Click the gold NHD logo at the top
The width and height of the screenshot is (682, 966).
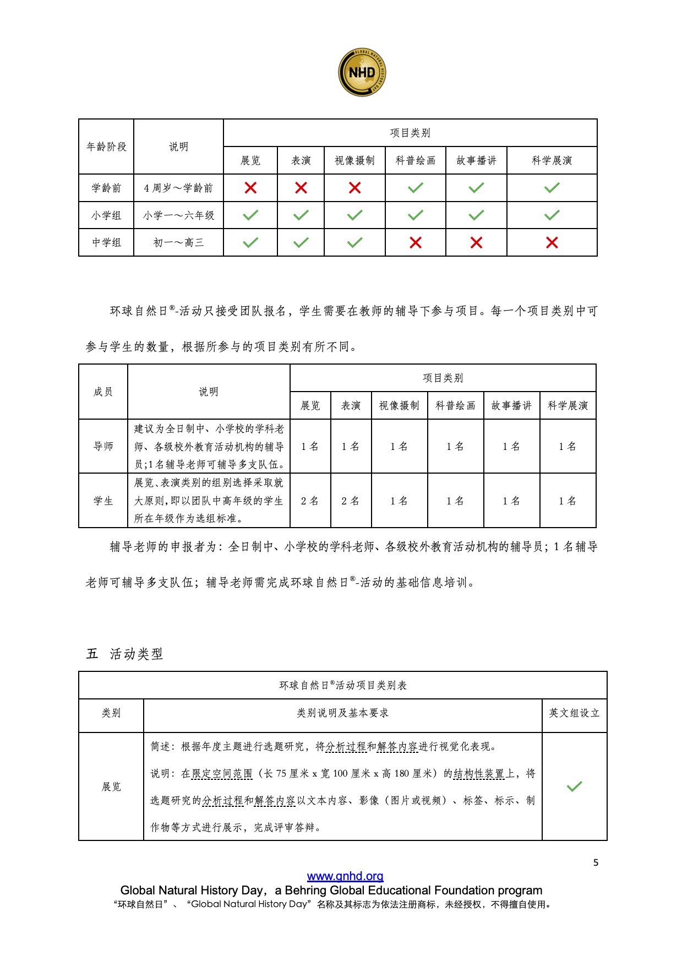362,72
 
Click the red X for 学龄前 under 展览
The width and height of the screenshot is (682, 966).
250,188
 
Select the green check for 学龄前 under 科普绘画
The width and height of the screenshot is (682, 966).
416,188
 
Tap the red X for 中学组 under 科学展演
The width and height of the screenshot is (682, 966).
552,242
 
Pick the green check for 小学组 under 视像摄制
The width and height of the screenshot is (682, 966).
355,215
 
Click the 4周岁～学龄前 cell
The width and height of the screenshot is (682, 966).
178,188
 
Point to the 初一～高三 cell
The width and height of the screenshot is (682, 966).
178,242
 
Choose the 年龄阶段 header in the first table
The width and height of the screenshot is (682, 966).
106,146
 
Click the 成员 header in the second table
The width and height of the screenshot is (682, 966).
103,392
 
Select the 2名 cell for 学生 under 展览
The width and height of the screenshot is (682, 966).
310,501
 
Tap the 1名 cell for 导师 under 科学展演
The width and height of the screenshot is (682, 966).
568,446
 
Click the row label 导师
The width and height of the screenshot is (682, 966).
103,446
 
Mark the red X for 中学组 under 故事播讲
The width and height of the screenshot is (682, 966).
476,242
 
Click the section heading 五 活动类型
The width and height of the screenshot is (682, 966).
125,654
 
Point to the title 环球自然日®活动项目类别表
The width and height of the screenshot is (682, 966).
343,685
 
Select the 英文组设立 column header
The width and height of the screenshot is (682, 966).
574,713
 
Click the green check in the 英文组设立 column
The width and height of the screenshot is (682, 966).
574,786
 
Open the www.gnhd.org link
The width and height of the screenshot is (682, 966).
345,876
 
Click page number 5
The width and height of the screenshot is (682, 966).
596,862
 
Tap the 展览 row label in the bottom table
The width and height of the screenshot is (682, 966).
111,786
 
